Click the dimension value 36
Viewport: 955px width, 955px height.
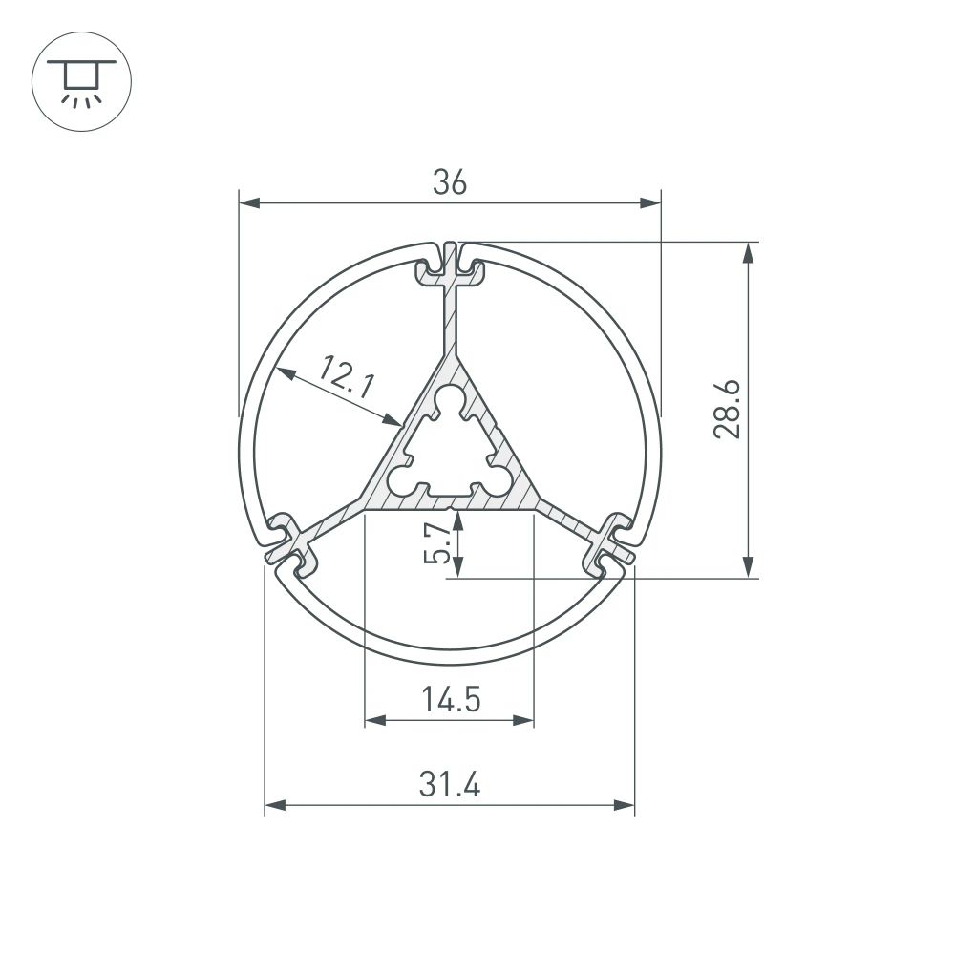tap(449, 182)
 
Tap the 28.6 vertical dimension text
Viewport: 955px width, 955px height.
tap(728, 409)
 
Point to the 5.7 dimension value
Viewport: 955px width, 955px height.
tap(435, 544)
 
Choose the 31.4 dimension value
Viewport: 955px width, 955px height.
tap(449, 786)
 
